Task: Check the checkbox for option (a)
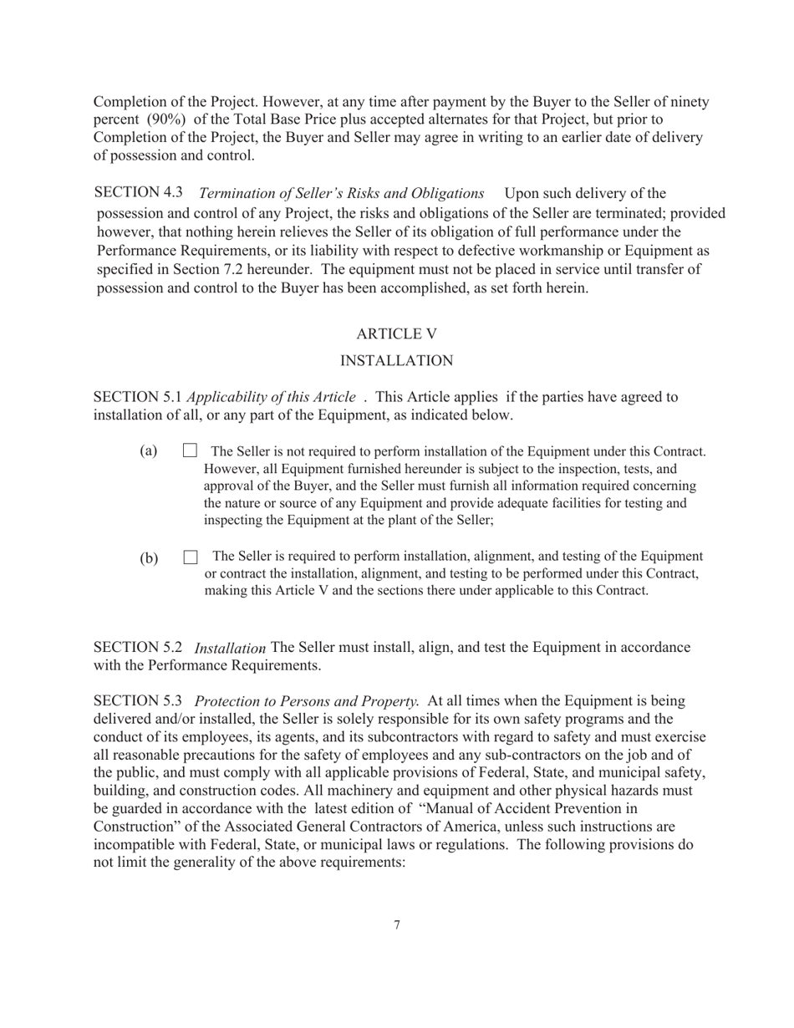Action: pyautogui.click(x=190, y=451)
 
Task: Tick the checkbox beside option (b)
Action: pyautogui.click(x=191, y=557)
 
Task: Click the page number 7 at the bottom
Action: pyautogui.click(x=396, y=924)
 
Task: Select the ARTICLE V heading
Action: pyautogui.click(x=396, y=333)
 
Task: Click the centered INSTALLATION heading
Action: pyautogui.click(x=397, y=360)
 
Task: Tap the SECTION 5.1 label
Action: pyautogui.click(x=137, y=396)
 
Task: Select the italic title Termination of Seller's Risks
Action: pyautogui.click(x=341, y=194)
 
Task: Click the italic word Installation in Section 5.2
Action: pyautogui.click(x=230, y=648)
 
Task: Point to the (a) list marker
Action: pyautogui.click(x=149, y=451)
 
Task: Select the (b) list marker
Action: pyautogui.click(x=149, y=557)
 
